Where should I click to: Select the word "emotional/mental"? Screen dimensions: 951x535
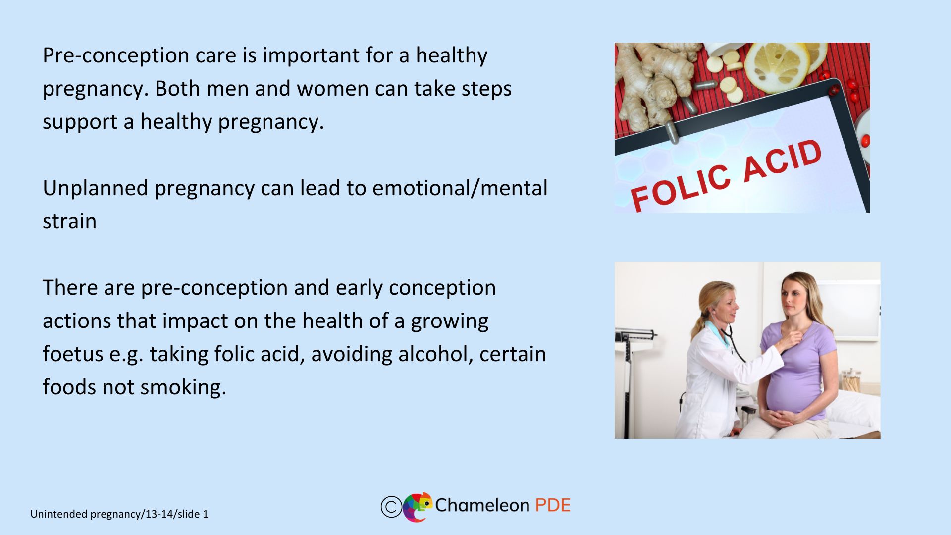(460, 188)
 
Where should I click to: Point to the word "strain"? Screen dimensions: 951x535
(69, 221)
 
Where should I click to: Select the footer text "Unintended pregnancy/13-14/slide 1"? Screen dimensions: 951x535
(119, 514)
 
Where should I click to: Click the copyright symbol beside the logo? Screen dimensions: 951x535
(391, 507)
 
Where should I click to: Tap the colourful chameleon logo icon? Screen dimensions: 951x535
(418, 507)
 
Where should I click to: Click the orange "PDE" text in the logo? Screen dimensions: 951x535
(553, 505)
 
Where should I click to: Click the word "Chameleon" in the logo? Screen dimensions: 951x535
(482, 505)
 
